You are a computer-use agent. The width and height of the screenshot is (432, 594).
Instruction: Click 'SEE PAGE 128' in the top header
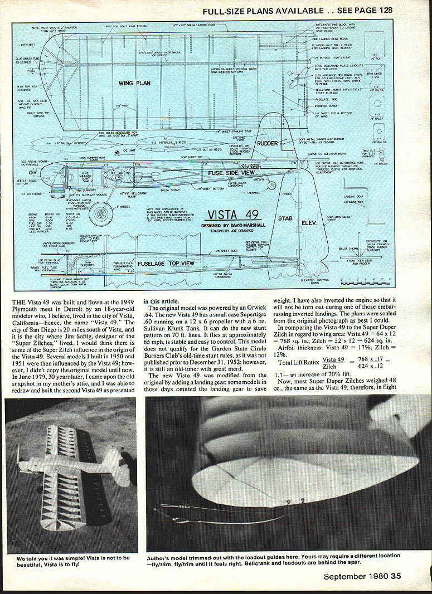[364, 9]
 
